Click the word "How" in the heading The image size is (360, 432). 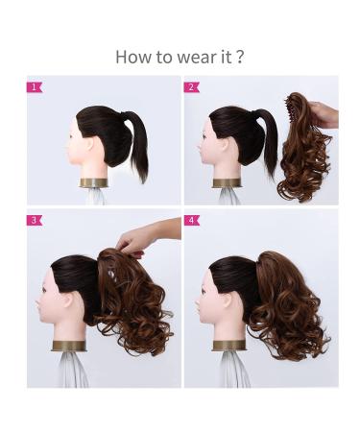coord(132,57)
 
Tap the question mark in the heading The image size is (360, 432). coord(239,57)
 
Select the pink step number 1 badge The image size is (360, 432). coord(34,86)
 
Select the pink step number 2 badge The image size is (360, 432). coord(191,86)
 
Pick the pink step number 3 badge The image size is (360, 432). coord(34,220)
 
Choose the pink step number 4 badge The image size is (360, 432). coord(191,220)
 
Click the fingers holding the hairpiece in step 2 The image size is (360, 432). coord(326,116)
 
